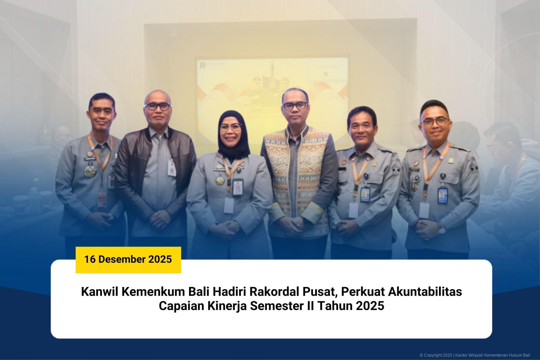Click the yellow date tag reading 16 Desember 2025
pyautogui.click(x=128, y=259)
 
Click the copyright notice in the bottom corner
pyautogui.click(x=475, y=355)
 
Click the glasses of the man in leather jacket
pyautogui.click(x=157, y=106)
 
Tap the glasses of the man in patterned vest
pyautogui.click(x=296, y=106)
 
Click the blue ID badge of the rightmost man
pyautogui.click(x=442, y=195)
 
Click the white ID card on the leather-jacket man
pyautogui.click(x=172, y=168)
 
